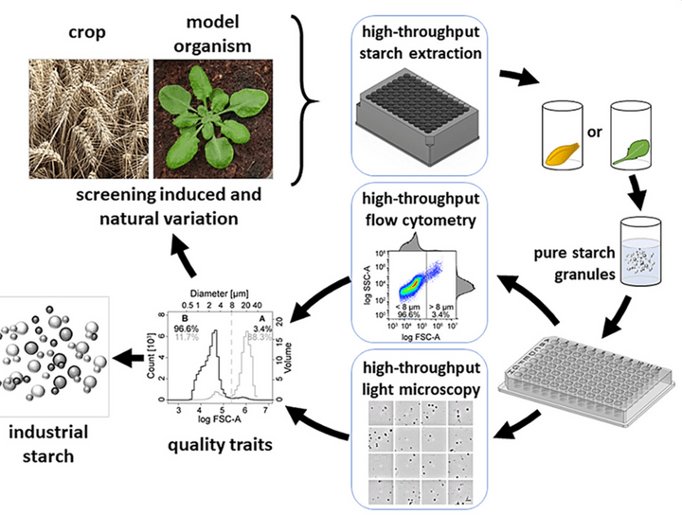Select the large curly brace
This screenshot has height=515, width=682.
pos(306,93)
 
